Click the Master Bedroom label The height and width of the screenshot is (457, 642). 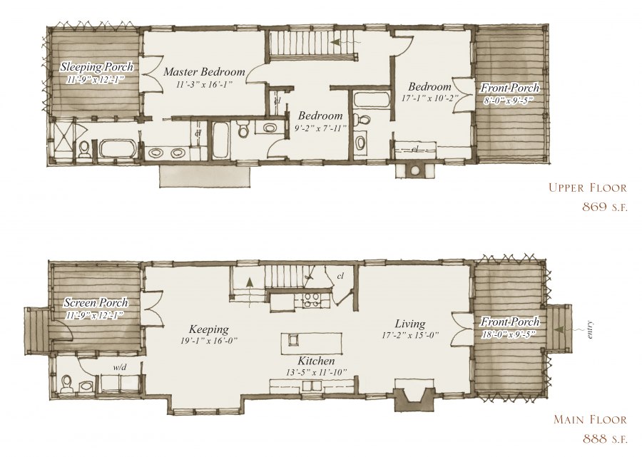point(204,72)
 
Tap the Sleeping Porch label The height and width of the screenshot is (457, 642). point(96,66)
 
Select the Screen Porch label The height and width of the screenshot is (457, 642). point(96,303)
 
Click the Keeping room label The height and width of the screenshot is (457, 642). point(209,329)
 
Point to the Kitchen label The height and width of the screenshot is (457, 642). point(316,361)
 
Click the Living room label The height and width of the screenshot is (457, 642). point(410,324)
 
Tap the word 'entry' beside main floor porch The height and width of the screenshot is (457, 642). point(590,329)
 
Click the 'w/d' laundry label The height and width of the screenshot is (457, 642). point(120,367)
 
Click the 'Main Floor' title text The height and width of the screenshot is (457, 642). point(590,419)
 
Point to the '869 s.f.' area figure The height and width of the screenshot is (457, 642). point(604,207)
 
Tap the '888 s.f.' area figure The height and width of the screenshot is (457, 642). point(604,438)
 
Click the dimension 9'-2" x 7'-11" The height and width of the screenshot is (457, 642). point(320,128)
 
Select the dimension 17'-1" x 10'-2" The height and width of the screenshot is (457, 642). point(429,98)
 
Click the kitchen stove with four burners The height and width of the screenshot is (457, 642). point(312,300)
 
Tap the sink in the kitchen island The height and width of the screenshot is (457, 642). point(293,340)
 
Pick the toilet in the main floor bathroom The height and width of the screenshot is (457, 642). point(66,384)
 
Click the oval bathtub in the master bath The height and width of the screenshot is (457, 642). point(118,149)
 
